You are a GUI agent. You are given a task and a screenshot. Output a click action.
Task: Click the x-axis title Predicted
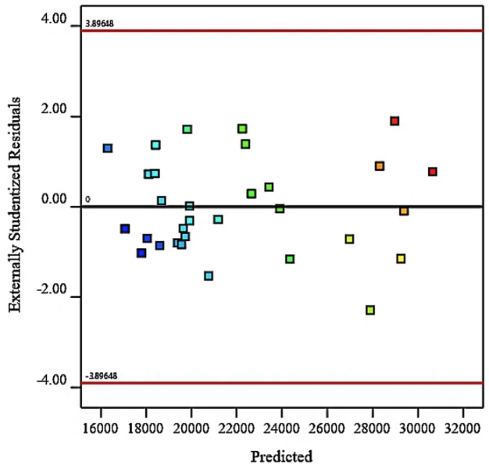(281, 456)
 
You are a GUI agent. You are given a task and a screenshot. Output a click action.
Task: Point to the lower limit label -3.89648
(102, 375)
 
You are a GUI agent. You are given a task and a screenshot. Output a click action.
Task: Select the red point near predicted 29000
(394, 121)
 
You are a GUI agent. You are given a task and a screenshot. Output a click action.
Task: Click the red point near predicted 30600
(432, 172)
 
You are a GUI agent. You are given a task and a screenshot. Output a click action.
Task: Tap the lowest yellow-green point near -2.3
(370, 310)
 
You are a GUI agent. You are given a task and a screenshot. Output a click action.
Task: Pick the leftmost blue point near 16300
(108, 148)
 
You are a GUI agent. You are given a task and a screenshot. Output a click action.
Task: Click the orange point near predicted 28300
(379, 166)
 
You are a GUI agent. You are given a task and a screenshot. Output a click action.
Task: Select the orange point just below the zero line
(404, 211)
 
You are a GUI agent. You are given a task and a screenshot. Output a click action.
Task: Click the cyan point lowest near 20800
(209, 275)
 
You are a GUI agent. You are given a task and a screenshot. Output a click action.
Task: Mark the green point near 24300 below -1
(290, 259)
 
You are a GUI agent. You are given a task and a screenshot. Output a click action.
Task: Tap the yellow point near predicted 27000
(349, 239)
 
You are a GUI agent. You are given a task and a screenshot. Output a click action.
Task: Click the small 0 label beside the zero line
(87, 200)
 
